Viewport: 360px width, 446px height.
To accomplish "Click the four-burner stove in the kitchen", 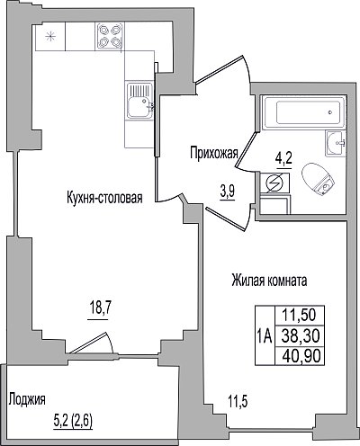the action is (110, 36).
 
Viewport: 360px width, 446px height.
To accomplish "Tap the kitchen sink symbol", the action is (139, 100).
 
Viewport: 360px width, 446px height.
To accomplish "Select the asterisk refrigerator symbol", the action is (50, 37).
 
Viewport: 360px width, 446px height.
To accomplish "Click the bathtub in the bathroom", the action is (303, 112).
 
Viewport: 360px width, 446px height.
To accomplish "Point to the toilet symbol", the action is (318, 180).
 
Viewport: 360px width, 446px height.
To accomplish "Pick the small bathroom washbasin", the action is (336, 143).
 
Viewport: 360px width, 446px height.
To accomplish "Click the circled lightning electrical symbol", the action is (274, 183).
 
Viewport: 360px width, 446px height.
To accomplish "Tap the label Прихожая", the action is (214, 153).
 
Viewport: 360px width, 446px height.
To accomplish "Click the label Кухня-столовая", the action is (104, 198).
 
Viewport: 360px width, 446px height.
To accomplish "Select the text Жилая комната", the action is (269, 281).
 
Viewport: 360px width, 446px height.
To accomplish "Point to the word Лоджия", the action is (27, 399).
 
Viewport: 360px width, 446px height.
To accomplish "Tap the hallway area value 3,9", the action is (228, 191).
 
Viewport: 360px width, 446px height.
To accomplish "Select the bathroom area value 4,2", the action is (283, 158).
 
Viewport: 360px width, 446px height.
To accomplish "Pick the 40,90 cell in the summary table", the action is (300, 356).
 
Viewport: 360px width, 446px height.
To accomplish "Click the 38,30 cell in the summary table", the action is (300, 335).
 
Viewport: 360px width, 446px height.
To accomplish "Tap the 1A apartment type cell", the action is (265, 335).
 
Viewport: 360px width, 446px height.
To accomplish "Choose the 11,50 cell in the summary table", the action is (300, 316).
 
